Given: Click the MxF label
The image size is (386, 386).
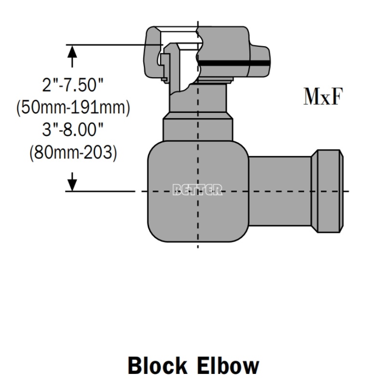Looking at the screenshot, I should (x=323, y=97).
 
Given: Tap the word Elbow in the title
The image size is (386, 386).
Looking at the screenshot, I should (x=228, y=366).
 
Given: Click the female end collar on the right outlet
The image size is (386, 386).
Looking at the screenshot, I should (x=328, y=191).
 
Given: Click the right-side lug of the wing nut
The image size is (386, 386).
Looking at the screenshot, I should (x=261, y=62).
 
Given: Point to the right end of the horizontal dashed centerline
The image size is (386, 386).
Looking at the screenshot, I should (x=347, y=192).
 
